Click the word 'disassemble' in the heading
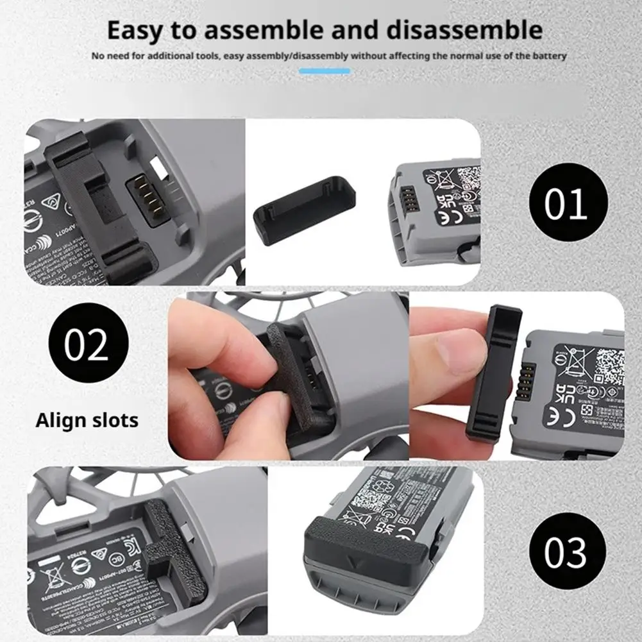(x=461, y=30)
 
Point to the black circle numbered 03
(x=567, y=552)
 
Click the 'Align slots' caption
(x=87, y=420)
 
